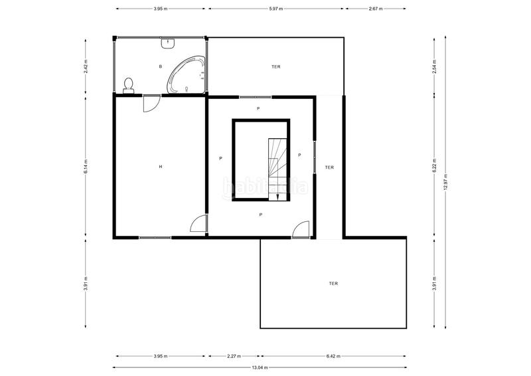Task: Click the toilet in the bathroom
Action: coord(128,86)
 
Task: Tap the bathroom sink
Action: coord(168,43)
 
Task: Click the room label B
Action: coord(161,67)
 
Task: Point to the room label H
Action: coord(161,167)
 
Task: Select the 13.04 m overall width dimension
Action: coord(260,367)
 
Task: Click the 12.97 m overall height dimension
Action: coord(445,182)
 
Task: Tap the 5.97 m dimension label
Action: coord(276,9)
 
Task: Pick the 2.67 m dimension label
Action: coord(376,9)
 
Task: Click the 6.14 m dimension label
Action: coord(86,167)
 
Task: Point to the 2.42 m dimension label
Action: coord(86,66)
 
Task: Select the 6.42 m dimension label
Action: coord(333,356)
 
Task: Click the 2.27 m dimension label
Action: coord(234,356)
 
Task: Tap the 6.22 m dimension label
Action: coord(435,166)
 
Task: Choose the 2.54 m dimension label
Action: coord(435,66)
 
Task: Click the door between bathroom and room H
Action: coord(151,104)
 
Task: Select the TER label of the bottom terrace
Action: coord(333,284)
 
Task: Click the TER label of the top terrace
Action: coord(276,67)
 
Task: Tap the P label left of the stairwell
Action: coord(220,158)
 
